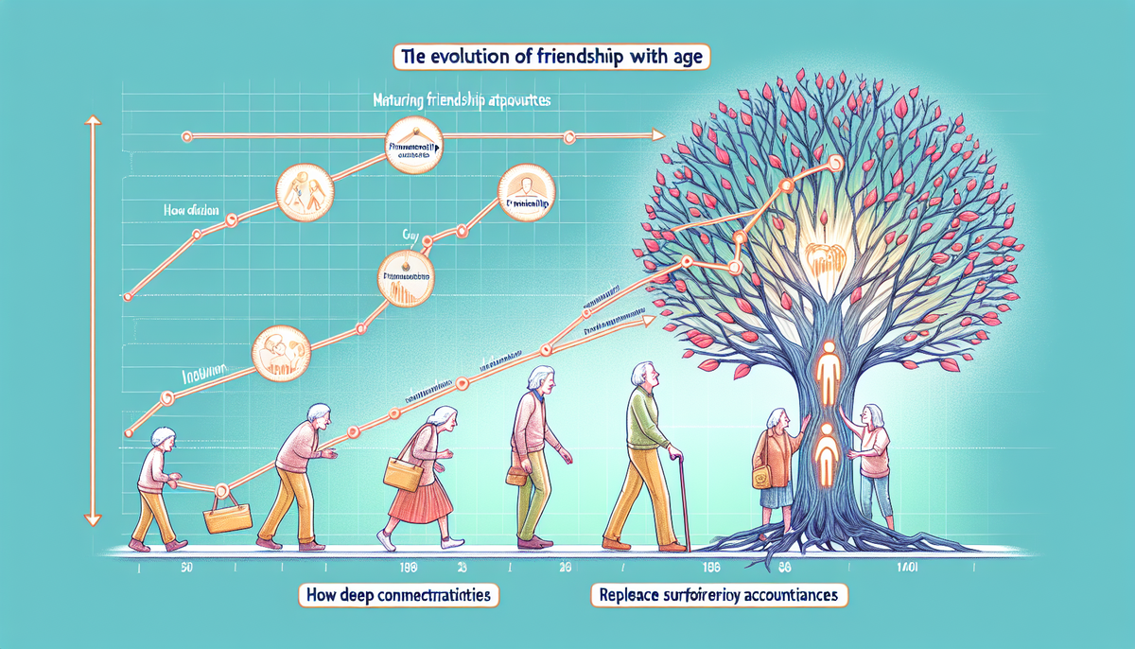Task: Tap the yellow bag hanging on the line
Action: click(x=228, y=516)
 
